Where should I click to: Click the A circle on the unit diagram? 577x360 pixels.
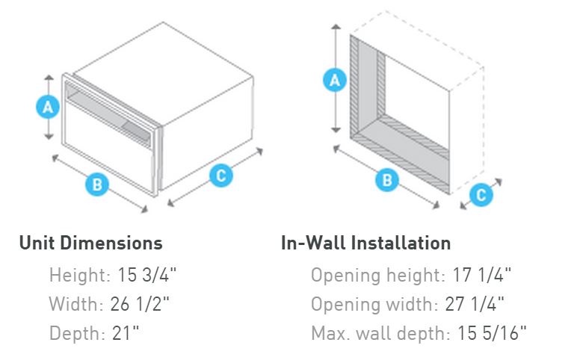48,108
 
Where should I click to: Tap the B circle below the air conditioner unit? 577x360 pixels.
97,184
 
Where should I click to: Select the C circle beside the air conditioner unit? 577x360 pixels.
220,176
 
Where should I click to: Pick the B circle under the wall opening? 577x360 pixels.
386,179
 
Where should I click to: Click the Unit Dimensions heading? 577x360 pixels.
90,243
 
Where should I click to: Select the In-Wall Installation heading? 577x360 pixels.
365,243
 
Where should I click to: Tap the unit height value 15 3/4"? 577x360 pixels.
147,275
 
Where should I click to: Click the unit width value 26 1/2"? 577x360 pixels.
144,304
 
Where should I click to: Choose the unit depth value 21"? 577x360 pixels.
128,333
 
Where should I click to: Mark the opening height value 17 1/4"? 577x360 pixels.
482,275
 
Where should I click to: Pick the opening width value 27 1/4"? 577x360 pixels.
478,304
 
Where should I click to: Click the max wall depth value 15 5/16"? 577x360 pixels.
490,333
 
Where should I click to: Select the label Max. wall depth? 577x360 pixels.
379,333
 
